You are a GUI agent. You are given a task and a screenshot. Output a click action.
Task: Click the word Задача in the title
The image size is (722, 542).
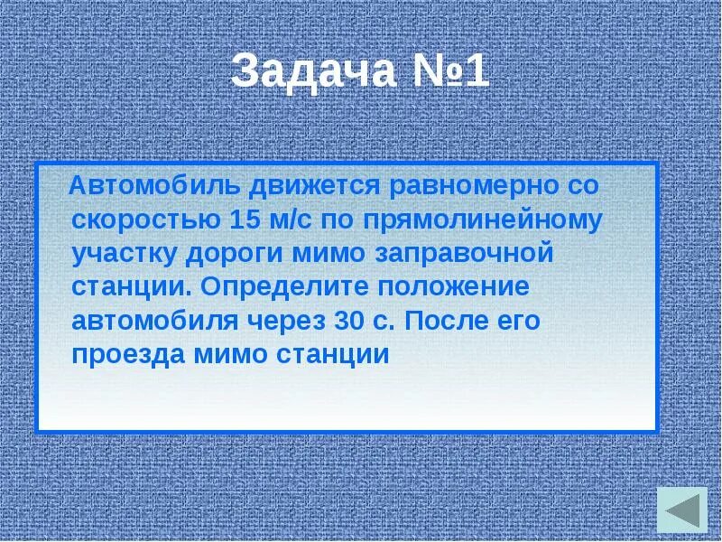312,70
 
